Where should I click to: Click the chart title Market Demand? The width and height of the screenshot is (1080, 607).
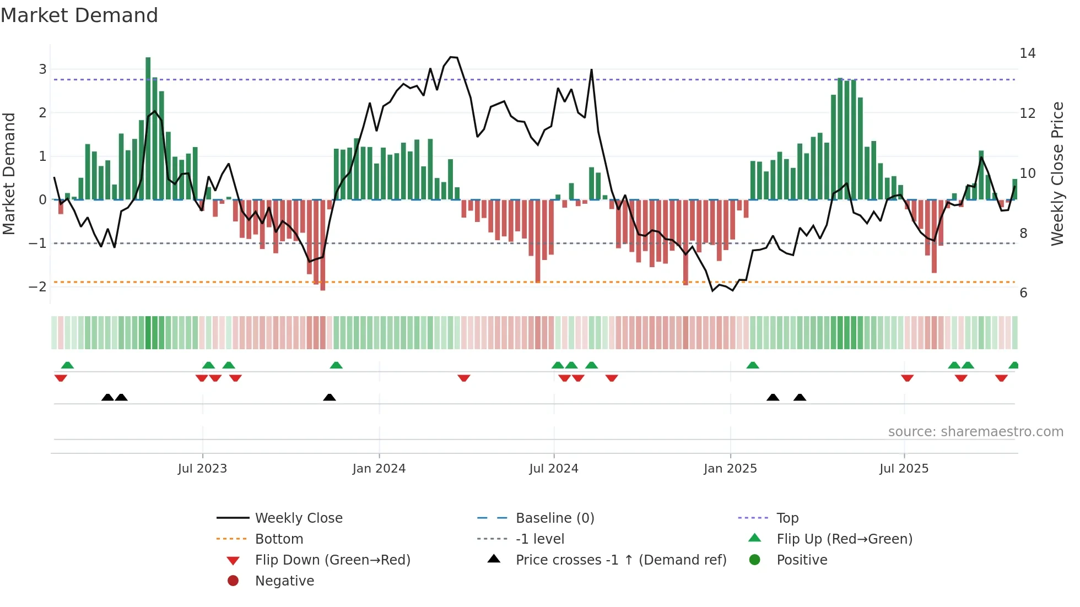79,15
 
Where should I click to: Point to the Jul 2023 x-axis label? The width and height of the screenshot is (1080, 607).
202,469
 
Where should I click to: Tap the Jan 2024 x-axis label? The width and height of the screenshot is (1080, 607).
379,469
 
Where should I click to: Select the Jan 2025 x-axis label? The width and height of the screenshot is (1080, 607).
730,469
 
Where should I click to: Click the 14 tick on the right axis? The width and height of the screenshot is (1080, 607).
1027,53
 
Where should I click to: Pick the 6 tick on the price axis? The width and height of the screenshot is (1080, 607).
1023,293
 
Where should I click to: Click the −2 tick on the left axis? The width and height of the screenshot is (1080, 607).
37,286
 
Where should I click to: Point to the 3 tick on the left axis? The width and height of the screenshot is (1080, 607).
42,69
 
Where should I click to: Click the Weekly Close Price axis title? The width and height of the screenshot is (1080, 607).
1057,174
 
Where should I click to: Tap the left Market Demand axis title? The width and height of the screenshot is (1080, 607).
9,174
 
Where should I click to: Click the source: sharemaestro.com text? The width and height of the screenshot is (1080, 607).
975,432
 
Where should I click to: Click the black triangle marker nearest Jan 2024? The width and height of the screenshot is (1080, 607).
330,397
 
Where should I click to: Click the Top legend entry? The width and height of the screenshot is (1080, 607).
787,518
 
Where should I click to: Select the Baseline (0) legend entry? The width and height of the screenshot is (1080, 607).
555,518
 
